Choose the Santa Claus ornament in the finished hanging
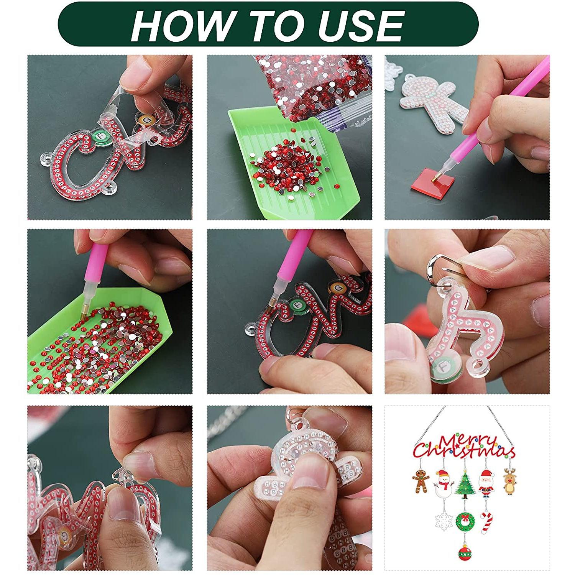pos(487,483)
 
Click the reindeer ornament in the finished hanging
pos(509,481)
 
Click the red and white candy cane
pos(486,521)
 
